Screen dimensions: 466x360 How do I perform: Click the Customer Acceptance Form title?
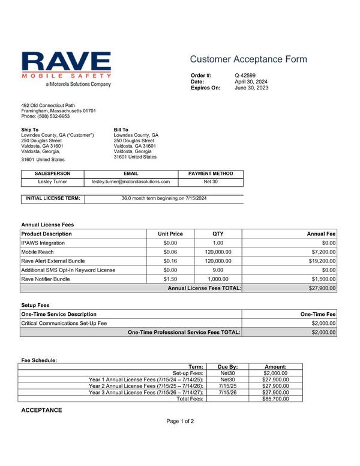[248, 59]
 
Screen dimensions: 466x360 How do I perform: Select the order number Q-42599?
[245, 75]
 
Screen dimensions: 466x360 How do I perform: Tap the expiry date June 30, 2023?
[251, 88]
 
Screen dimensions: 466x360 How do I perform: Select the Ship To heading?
[30, 130]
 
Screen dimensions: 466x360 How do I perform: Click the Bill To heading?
[121, 130]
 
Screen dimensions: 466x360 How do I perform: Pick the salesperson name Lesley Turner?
[53, 181]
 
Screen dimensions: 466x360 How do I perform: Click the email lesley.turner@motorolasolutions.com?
[131, 181]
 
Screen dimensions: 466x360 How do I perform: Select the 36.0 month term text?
[164, 198]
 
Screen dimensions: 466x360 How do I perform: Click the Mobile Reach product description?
[37, 252]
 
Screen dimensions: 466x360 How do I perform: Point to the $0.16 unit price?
[170, 261]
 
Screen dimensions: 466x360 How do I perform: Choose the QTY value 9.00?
[218, 270]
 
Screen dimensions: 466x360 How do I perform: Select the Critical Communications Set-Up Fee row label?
[64, 323]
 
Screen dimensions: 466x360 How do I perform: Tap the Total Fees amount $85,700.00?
[276, 399]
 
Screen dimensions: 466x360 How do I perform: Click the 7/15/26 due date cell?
[228, 392]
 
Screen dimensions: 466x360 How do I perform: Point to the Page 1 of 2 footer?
[180, 421]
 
